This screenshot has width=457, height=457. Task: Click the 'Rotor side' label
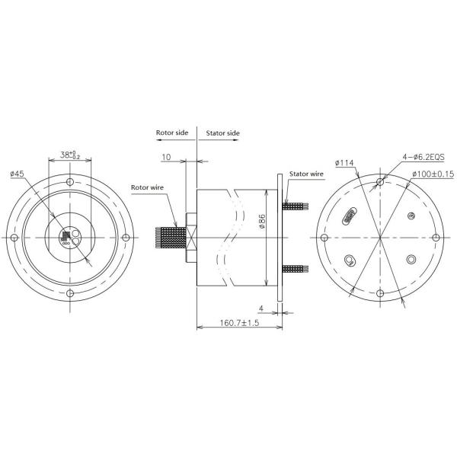pyautogui.click(x=172, y=133)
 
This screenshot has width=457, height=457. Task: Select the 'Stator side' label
pyautogui.click(x=222, y=133)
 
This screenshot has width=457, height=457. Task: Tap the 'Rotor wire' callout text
pyautogui.click(x=146, y=187)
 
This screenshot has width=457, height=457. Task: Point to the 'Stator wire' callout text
pyautogui.click(x=305, y=174)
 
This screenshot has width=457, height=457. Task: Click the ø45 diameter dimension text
pyautogui.click(x=18, y=174)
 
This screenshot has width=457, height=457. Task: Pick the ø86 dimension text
pyautogui.click(x=261, y=222)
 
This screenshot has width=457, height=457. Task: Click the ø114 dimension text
pyautogui.click(x=345, y=163)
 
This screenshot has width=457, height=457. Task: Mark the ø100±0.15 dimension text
pyautogui.click(x=433, y=174)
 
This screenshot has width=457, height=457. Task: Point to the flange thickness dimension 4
pyautogui.click(x=260, y=309)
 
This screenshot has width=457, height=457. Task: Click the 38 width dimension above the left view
pyautogui.click(x=71, y=155)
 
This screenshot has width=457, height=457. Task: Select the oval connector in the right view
pyautogui.click(x=350, y=216)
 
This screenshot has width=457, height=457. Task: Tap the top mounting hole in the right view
pyautogui.click(x=380, y=183)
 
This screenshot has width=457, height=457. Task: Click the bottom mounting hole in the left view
pyautogui.click(x=70, y=293)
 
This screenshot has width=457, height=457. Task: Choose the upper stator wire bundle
pyautogui.click(x=294, y=206)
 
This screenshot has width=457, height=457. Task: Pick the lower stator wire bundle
pyautogui.click(x=294, y=269)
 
